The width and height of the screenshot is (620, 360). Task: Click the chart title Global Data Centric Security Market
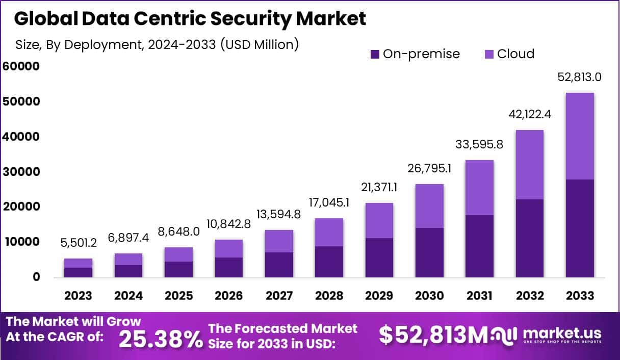tap(190, 18)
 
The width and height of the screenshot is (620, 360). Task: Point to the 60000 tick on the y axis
tap(21, 66)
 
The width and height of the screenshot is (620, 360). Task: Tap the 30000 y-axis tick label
tap(21, 172)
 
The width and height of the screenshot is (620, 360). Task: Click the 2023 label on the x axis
tap(78, 296)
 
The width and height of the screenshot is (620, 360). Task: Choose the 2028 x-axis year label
tap(329, 296)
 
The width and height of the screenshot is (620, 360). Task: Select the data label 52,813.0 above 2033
tap(579, 77)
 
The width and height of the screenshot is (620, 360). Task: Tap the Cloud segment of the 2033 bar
tap(580, 136)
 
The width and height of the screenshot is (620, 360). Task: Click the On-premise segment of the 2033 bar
tap(580, 228)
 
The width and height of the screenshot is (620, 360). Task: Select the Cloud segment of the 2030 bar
tap(429, 206)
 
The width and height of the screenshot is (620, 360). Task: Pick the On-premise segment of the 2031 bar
tap(479, 246)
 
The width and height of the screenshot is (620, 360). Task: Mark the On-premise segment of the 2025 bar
tap(178, 269)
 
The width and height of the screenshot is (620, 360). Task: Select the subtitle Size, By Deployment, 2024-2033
tap(157, 44)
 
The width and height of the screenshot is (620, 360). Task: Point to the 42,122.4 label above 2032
tap(529, 115)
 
